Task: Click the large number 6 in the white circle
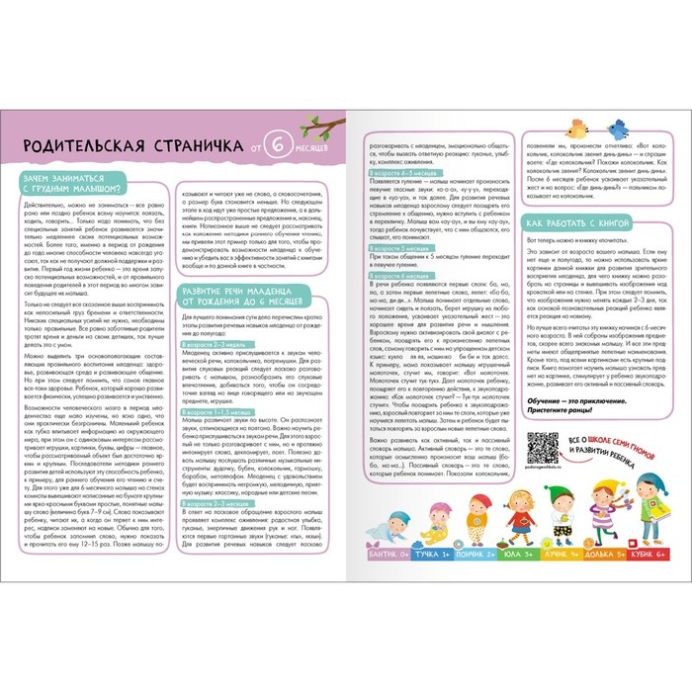[x=280, y=149]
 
